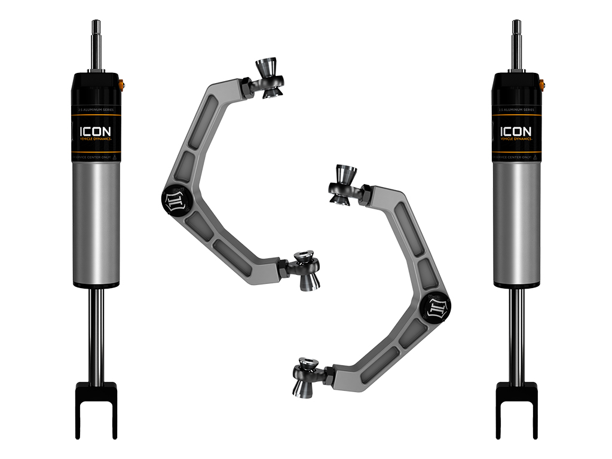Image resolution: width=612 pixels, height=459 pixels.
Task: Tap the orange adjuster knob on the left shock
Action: [123, 84]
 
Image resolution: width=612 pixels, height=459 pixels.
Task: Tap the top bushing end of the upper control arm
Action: [267, 78]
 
